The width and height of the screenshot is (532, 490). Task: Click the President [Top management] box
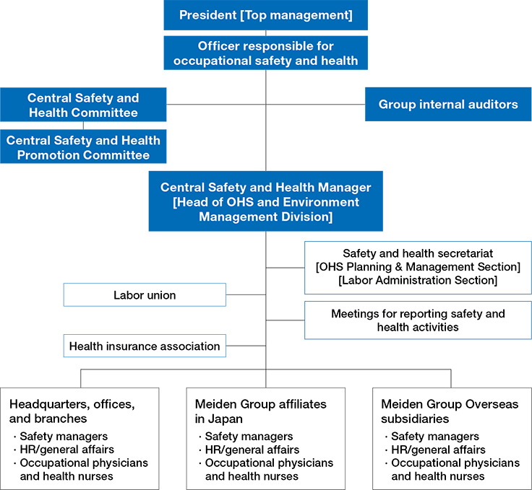[265, 14]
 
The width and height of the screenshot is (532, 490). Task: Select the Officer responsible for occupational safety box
[265, 53]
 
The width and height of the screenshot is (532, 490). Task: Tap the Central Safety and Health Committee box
[83, 105]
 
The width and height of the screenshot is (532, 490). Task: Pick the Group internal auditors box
[448, 105]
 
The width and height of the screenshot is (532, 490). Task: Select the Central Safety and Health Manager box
[265, 201]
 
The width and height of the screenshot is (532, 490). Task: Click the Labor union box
[145, 294]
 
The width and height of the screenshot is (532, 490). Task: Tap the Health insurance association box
[145, 346]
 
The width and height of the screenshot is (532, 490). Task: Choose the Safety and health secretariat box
[418, 268]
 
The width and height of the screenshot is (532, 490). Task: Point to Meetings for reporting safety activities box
[418, 320]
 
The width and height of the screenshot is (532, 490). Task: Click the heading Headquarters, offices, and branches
[72, 411]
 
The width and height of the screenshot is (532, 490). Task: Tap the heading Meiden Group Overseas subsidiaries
[450, 411]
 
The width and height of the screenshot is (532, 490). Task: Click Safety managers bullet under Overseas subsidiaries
[434, 436]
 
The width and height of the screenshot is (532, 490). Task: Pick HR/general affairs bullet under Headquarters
[65, 449]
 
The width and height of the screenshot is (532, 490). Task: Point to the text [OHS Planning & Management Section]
[418, 267]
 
